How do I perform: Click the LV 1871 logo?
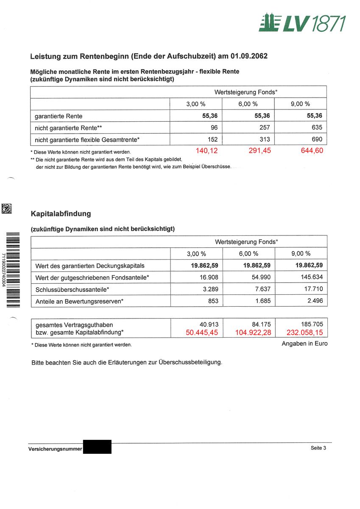tap(302, 22)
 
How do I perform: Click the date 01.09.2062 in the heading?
tap(249, 56)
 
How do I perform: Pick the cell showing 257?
tap(265, 127)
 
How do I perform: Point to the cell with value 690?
tap(316, 139)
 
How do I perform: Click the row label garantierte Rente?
tap(59, 116)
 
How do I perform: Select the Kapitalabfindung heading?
tap(61, 214)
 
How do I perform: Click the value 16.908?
tap(208, 277)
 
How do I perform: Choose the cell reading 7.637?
tap(262, 289)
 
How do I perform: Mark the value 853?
tap(213, 301)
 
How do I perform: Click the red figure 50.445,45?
tap(202, 333)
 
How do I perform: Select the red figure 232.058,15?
tap(304, 333)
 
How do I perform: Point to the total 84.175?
tap(261, 324)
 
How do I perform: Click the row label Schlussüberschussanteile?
tap(72, 289)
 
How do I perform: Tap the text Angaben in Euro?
tap(304, 344)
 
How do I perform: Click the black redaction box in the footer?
tap(97, 447)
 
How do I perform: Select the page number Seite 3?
tap(318, 448)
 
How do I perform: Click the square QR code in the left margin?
tap(7, 208)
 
